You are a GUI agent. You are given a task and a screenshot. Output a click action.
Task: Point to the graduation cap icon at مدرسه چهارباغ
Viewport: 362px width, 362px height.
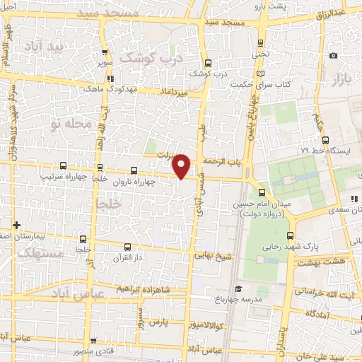239,288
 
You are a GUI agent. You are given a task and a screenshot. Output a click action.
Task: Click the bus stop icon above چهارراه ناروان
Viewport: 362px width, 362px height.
135,170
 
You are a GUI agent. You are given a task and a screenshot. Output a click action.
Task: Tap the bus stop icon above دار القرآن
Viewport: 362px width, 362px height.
127,247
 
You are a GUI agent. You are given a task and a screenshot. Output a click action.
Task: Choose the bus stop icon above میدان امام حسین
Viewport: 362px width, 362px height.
262,192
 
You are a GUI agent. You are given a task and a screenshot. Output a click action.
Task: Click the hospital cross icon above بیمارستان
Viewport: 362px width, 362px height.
16,225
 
